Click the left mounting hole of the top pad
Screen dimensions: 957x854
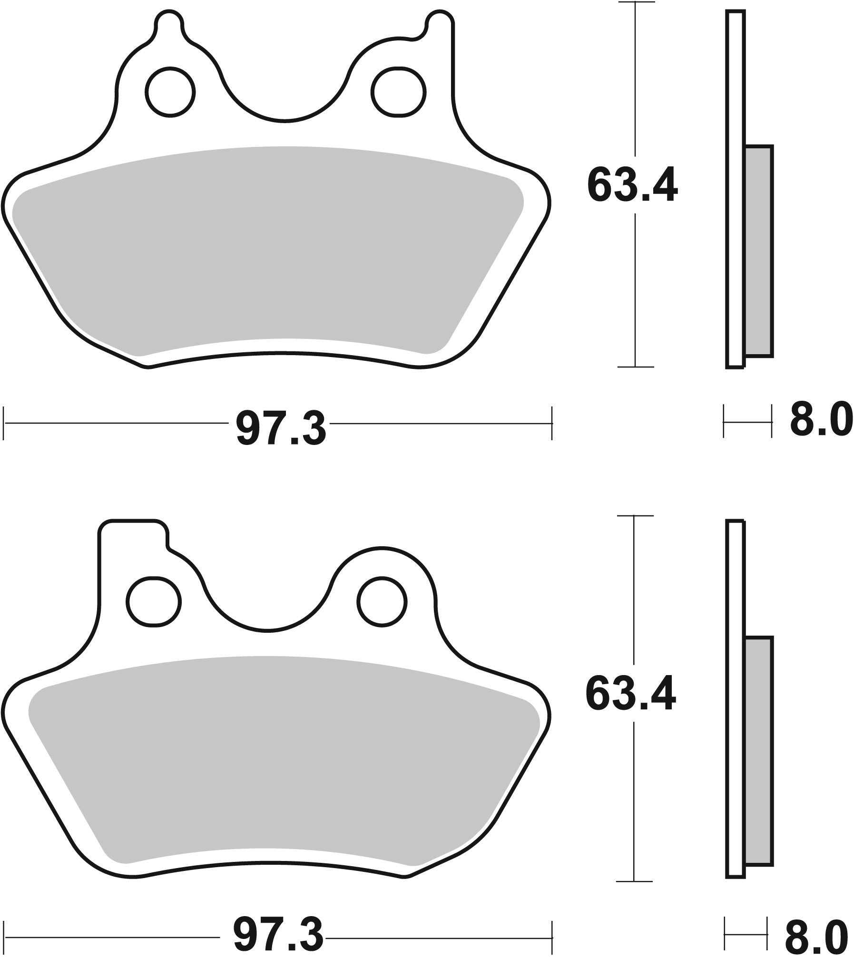pos(171,92)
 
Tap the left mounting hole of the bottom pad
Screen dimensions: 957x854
pos(153,600)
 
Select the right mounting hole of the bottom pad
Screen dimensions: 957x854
pos(383,600)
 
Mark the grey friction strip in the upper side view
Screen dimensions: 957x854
pos(758,251)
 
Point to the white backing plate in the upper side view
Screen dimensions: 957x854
pos(735,190)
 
